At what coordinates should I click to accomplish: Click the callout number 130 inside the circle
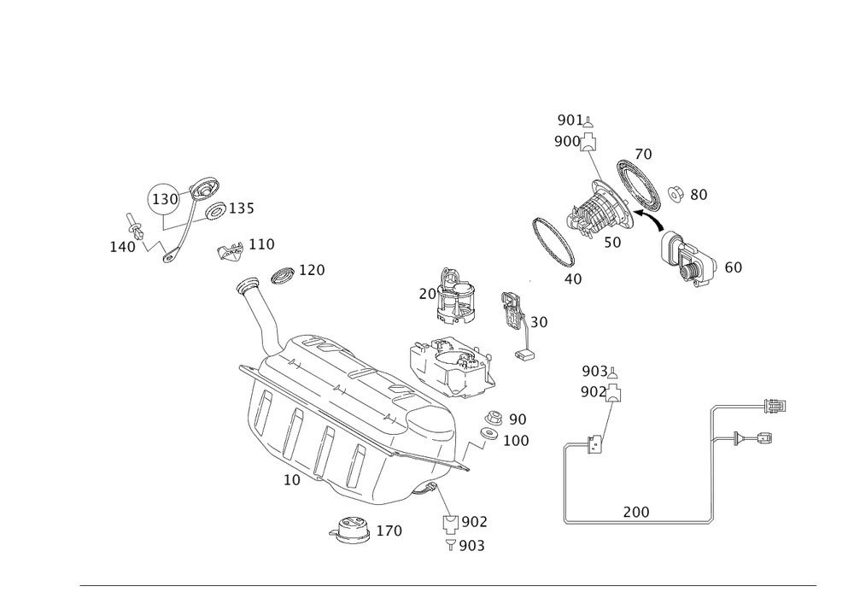[162, 199]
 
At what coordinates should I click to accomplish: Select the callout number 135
[243, 208]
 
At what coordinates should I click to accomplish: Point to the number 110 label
[261, 244]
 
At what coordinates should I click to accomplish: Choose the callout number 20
[427, 293]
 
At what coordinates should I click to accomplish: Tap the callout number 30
[539, 322]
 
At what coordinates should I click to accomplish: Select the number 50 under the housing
[612, 243]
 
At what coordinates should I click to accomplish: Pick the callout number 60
[732, 267]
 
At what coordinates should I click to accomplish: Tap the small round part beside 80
[676, 194]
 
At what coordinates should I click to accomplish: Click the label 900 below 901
[567, 141]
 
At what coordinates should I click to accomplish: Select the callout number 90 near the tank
[518, 419]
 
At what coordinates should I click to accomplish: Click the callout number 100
[517, 441]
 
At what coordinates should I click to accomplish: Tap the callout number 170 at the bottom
[389, 531]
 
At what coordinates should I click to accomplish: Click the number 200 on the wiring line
[635, 512]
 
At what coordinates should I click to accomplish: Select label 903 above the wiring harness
[594, 371]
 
